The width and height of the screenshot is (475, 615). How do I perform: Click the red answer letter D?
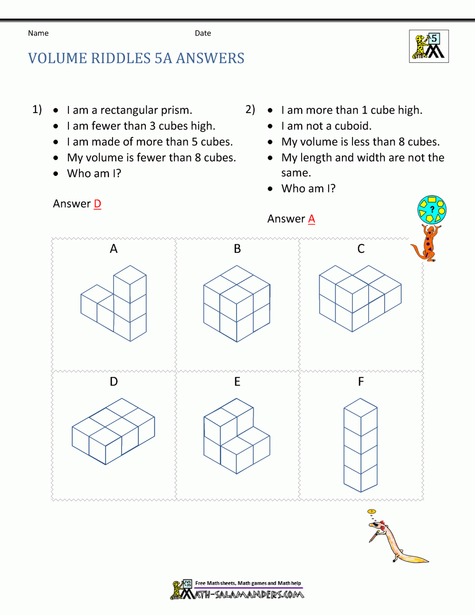97,204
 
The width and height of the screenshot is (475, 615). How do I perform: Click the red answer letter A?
312,219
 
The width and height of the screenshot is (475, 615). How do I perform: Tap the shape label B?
237,249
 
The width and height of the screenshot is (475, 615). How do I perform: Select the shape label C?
361,249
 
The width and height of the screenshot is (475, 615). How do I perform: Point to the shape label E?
237,382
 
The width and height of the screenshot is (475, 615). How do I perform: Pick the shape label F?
361,382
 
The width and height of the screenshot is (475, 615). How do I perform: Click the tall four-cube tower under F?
361,445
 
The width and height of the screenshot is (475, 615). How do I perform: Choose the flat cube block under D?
113,431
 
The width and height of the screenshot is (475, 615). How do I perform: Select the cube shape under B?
237,303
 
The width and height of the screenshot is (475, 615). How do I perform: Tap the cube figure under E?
237,436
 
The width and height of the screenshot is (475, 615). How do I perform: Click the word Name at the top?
38,33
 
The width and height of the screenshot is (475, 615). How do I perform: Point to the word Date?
203,33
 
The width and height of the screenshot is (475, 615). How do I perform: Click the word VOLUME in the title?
57,58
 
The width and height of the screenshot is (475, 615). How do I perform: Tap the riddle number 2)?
250,109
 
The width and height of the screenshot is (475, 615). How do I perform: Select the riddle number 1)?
37,109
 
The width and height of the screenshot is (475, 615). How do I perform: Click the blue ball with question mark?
432,209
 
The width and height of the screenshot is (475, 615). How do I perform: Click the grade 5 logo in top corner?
429,47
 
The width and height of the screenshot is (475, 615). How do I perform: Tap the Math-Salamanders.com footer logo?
237,590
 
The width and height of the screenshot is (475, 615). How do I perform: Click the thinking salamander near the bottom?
394,537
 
